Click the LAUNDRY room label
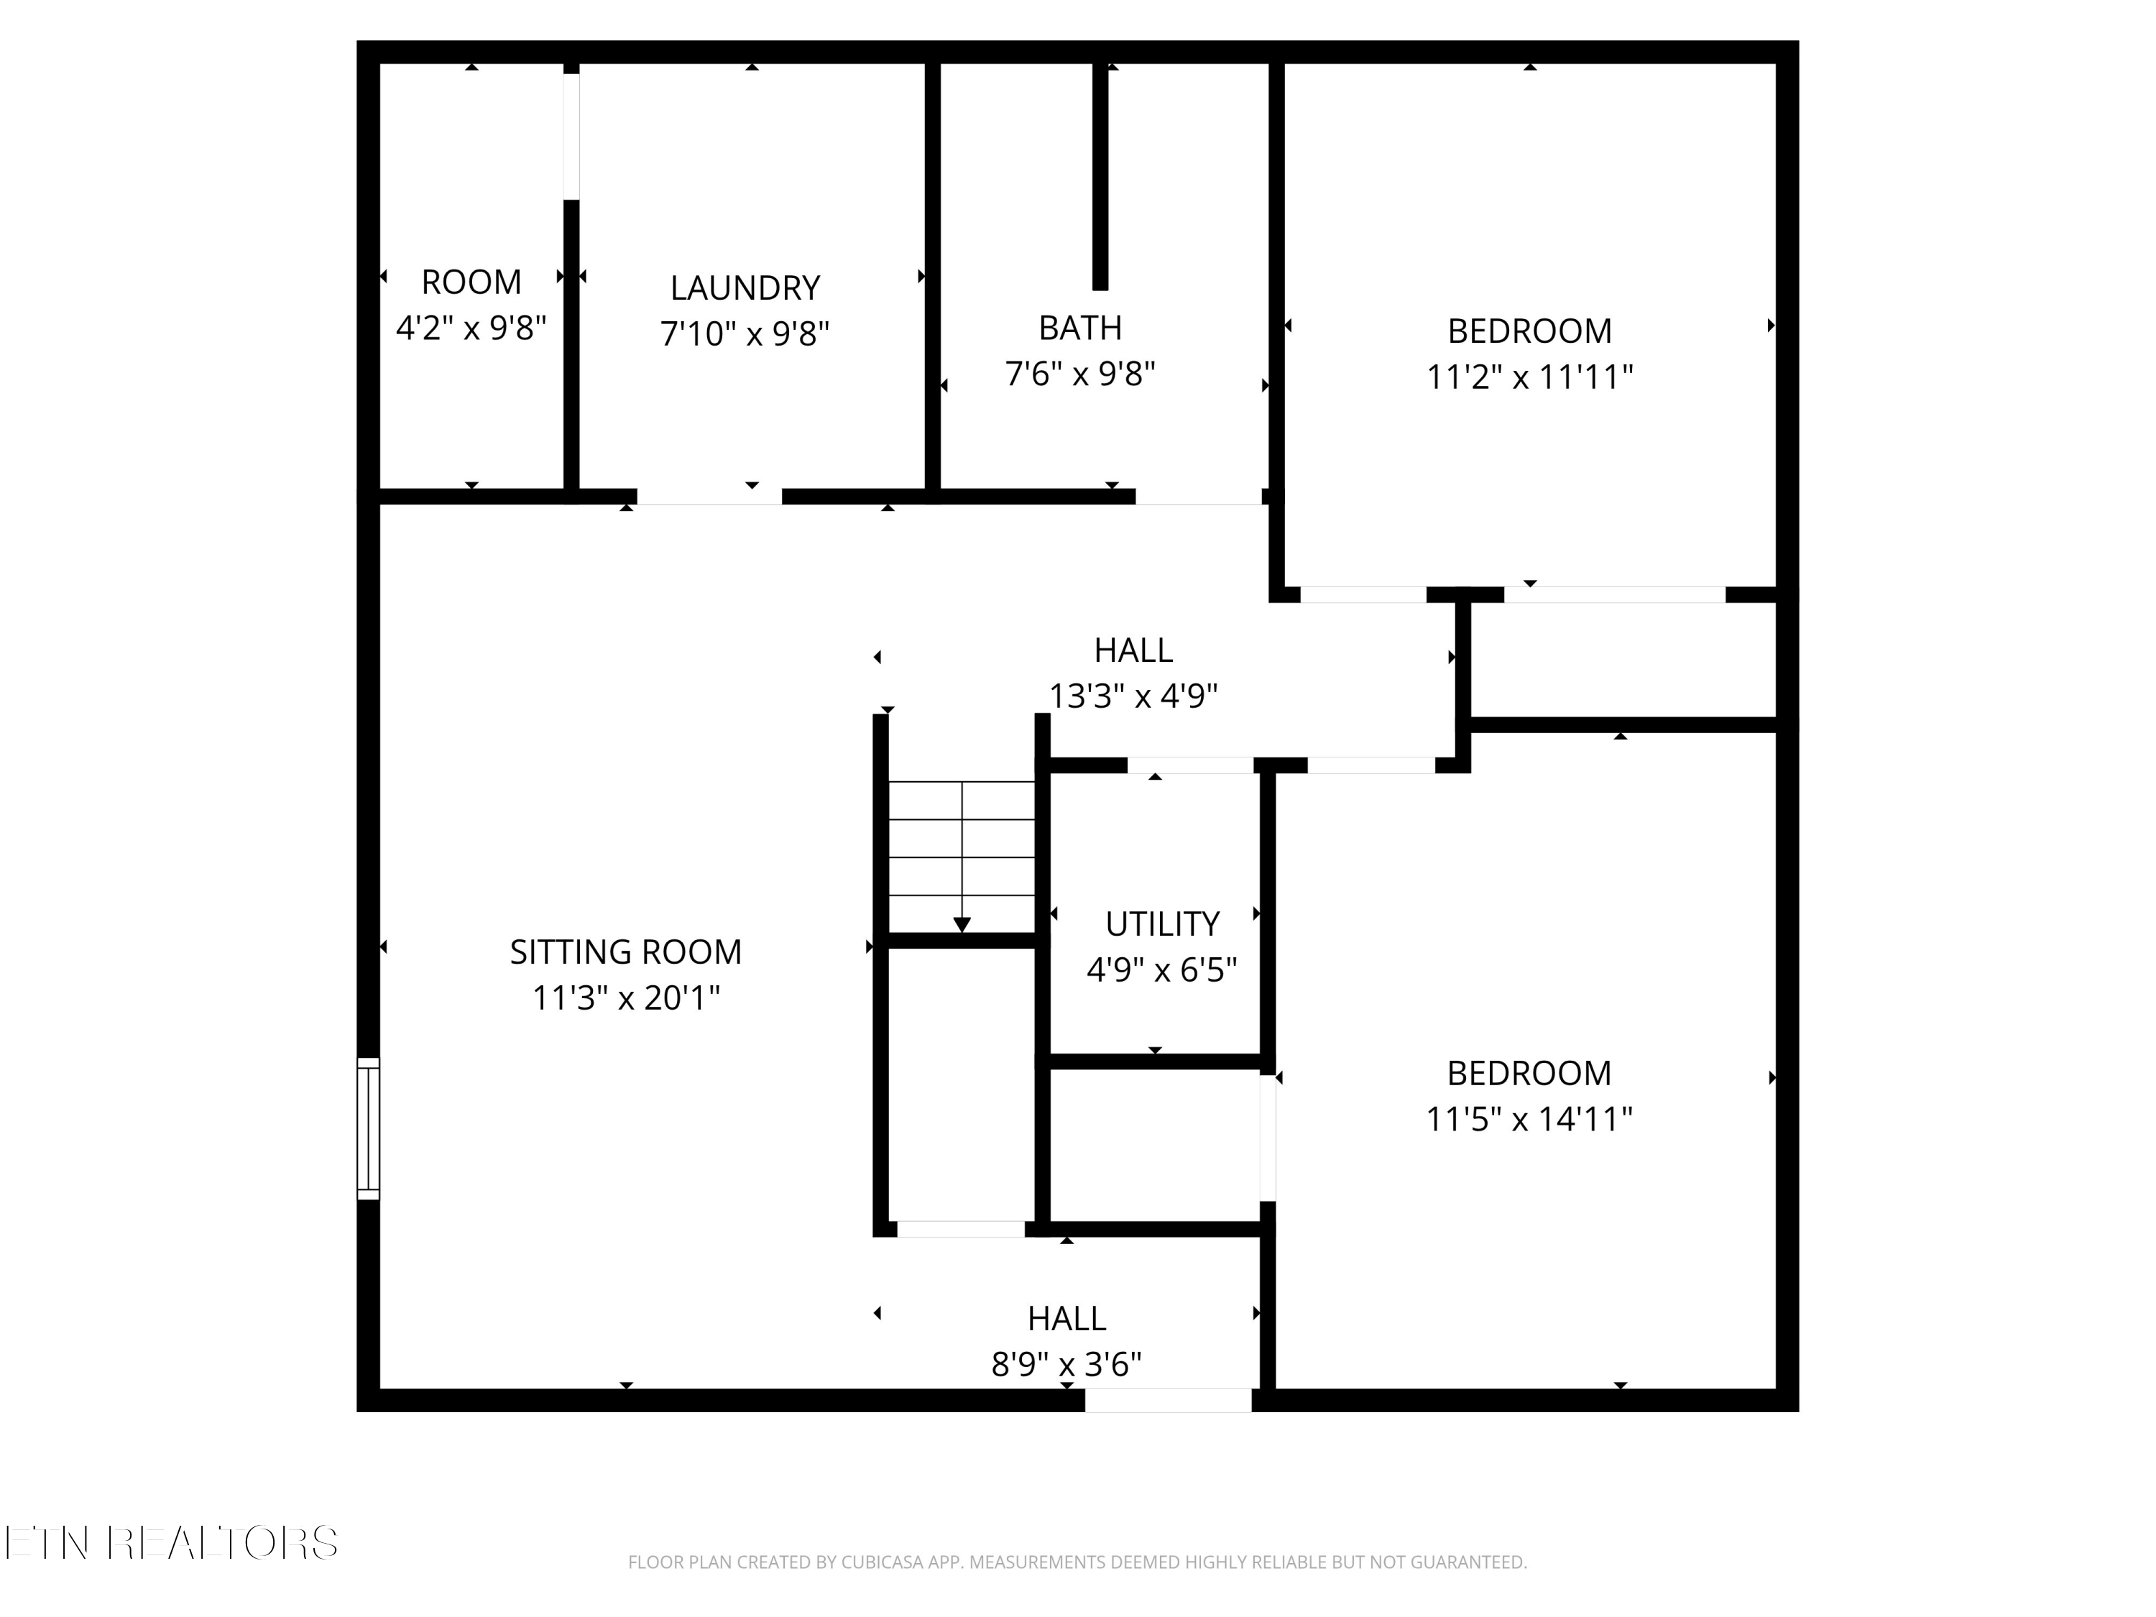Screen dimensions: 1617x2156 click(745, 287)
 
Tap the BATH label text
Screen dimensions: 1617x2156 click(1080, 328)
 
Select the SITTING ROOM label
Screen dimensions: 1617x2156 click(626, 952)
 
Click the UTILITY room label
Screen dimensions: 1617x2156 click(1162, 923)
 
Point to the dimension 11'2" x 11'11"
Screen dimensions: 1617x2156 click(1529, 377)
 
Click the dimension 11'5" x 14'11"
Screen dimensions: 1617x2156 click(1529, 1119)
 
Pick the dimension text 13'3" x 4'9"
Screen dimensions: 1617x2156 click(1133, 696)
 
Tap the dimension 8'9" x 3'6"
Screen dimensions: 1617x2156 click(1067, 1365)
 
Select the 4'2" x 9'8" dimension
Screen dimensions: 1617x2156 click(471, 328)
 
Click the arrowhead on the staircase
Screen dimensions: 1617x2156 click(962, 925)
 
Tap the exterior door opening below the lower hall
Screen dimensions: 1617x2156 click(1168, 1401)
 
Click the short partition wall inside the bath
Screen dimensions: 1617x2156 click(1100, 175)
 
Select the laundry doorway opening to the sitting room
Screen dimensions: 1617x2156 click(709, 497)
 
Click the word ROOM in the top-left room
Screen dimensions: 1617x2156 click(471, 282)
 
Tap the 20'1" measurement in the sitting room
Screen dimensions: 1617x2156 click(681, 998)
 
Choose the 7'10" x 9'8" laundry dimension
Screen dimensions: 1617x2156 click(745, 334)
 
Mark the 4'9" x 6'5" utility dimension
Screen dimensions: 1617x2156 click(1162, 969)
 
